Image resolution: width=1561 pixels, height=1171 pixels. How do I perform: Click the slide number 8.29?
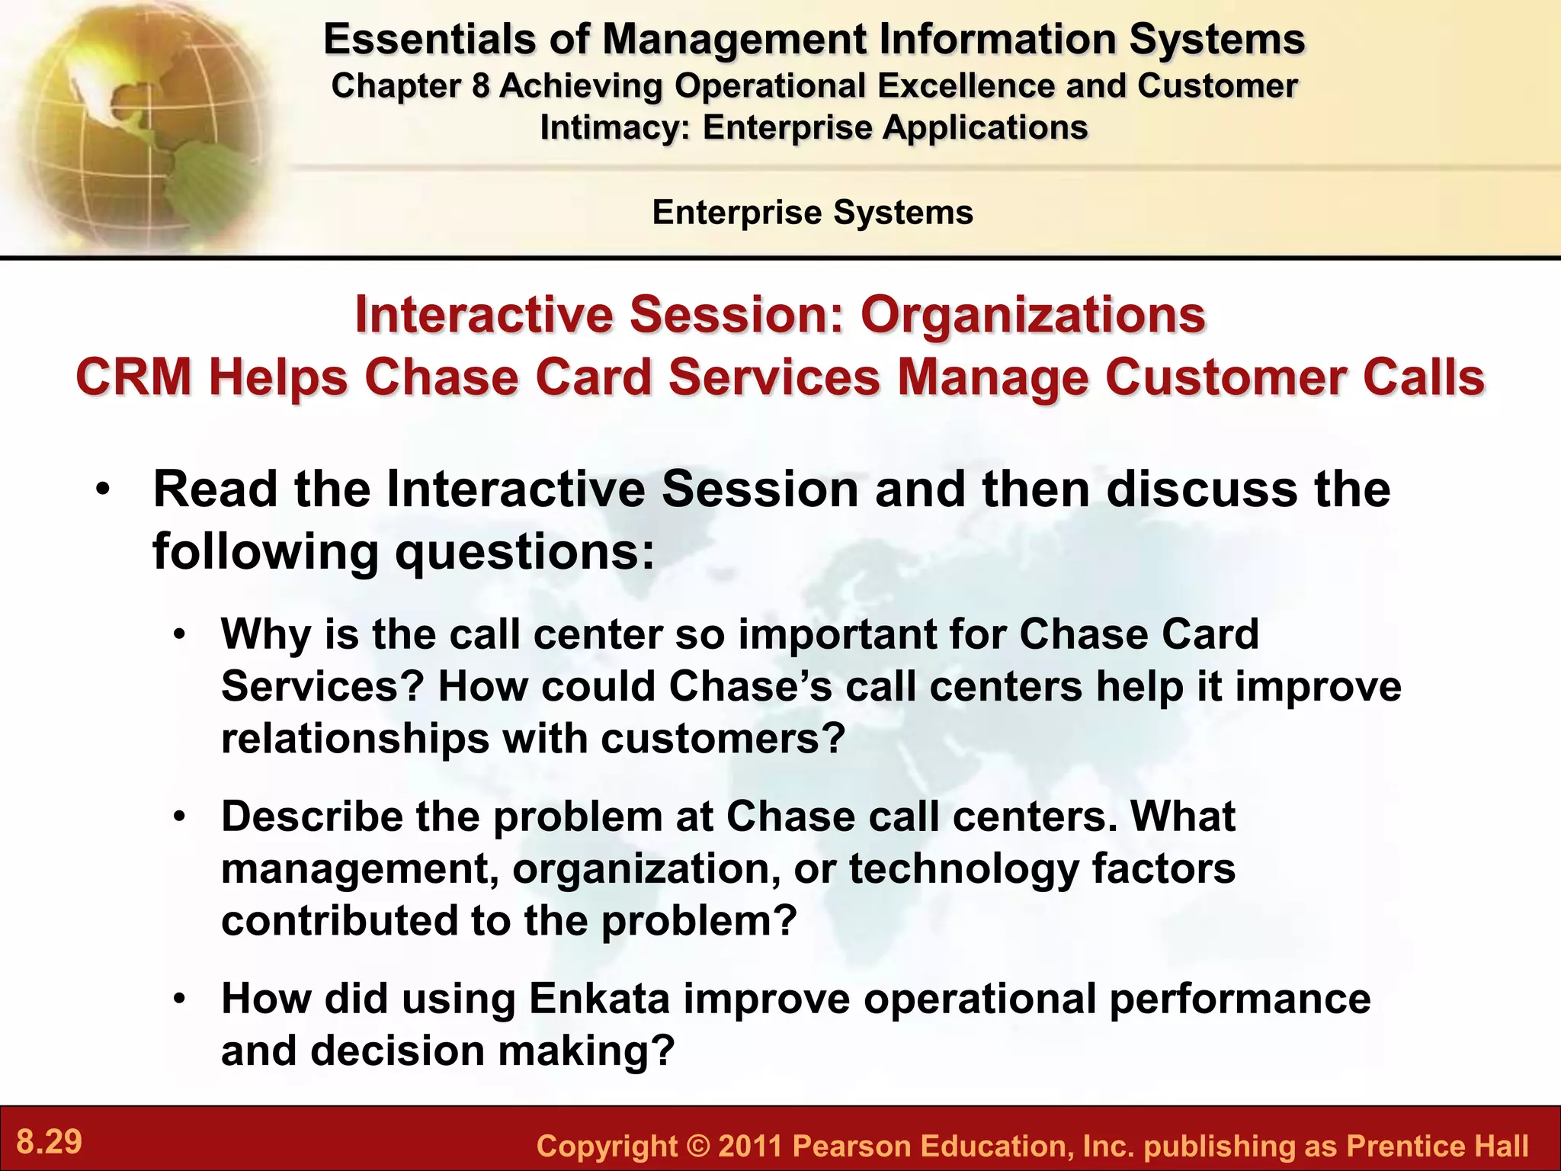50,1142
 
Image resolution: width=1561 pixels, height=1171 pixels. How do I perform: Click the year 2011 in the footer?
751,1147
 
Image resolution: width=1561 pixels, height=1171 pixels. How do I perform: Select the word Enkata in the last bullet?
599,999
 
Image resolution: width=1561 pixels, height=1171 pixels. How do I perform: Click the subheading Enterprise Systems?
813,212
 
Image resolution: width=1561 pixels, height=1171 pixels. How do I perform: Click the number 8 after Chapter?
479,86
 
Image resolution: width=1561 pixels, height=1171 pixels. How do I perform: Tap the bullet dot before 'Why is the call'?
179,634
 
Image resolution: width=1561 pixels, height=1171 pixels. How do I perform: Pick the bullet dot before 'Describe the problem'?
179,816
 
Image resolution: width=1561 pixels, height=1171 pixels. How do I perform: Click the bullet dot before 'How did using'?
179,999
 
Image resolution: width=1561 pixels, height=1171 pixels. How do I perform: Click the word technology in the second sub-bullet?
963,868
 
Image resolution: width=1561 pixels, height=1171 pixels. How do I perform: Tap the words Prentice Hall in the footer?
1437,1147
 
